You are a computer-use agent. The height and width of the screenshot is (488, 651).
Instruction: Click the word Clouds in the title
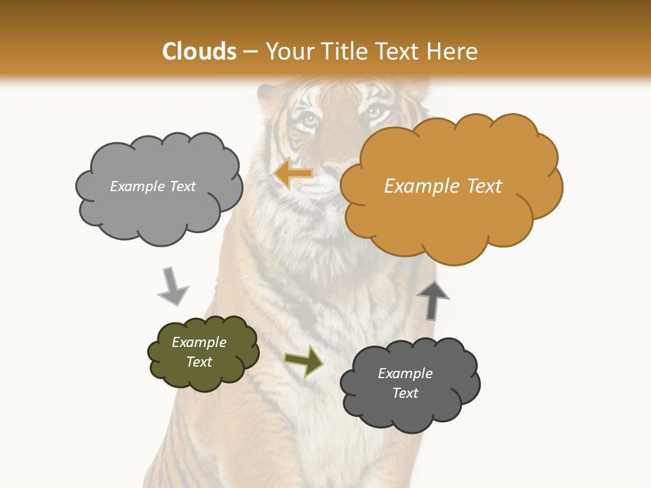pos(199,51)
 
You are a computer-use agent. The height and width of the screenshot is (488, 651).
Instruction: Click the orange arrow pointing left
pos(293,174)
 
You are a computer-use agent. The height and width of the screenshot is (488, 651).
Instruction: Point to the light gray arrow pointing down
pos(172,286)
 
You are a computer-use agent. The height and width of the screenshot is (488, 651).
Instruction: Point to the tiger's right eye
pos(375,112)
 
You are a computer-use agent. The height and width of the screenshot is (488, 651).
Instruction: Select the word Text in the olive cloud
pos(199,362)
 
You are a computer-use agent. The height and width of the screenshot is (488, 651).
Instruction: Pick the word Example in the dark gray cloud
pos(405,373)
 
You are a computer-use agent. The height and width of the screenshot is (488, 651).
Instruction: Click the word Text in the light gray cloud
pos(181,186)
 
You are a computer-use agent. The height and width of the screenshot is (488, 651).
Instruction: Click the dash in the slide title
pos(250,52)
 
